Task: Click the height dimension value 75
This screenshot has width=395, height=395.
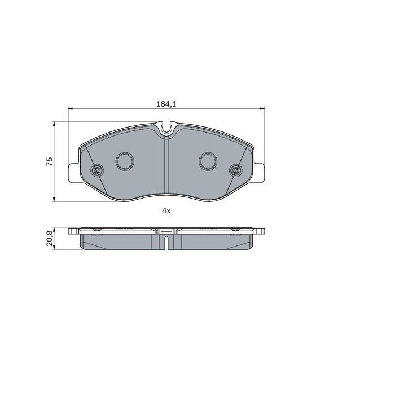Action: click(50, 161)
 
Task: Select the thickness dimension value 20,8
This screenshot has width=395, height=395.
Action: click(50, 238)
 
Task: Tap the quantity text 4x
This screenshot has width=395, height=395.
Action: click(166, 210)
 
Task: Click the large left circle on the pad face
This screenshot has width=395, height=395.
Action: click(124, 161)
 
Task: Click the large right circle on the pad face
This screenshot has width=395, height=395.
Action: click(208, 161)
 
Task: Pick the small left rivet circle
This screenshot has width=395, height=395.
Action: click(96, 170)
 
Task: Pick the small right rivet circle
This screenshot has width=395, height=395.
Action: click(235, 170)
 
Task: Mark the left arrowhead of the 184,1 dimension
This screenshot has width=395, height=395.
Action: click(70, 109)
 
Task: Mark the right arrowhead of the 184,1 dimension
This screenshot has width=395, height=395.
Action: click(262, 109)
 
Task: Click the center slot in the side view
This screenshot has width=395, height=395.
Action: click(166, 240)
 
